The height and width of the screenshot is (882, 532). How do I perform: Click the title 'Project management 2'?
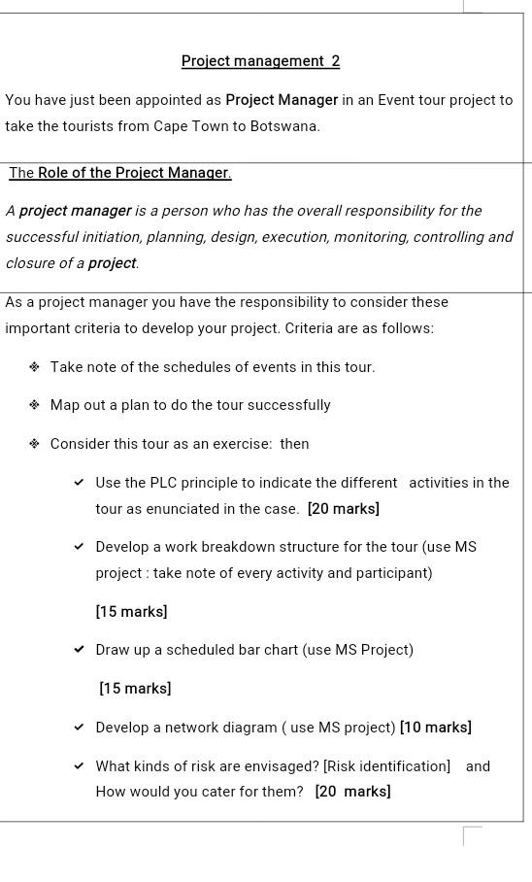coord(260,61)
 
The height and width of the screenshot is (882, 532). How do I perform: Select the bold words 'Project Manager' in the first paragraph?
coord(282,100)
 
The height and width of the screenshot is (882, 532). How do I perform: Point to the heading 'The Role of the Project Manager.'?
coord(120,173)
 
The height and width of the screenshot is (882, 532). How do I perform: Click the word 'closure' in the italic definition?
coord(30,263)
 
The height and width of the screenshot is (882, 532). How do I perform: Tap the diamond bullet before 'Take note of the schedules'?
coord(34,367)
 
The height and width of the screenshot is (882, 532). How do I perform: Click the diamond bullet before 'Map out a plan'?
coord(34,405)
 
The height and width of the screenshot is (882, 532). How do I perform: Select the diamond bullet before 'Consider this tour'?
coord(34,444)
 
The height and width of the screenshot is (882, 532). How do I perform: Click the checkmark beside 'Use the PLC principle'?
coord(80,483)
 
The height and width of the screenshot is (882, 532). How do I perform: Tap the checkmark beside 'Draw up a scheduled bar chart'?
coord(80,650)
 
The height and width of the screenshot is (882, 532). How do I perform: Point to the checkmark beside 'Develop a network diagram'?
coord(80,728)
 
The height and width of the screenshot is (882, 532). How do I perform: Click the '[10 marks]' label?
coord(435,728)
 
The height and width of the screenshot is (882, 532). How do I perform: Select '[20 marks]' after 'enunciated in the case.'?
coord(343,509)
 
